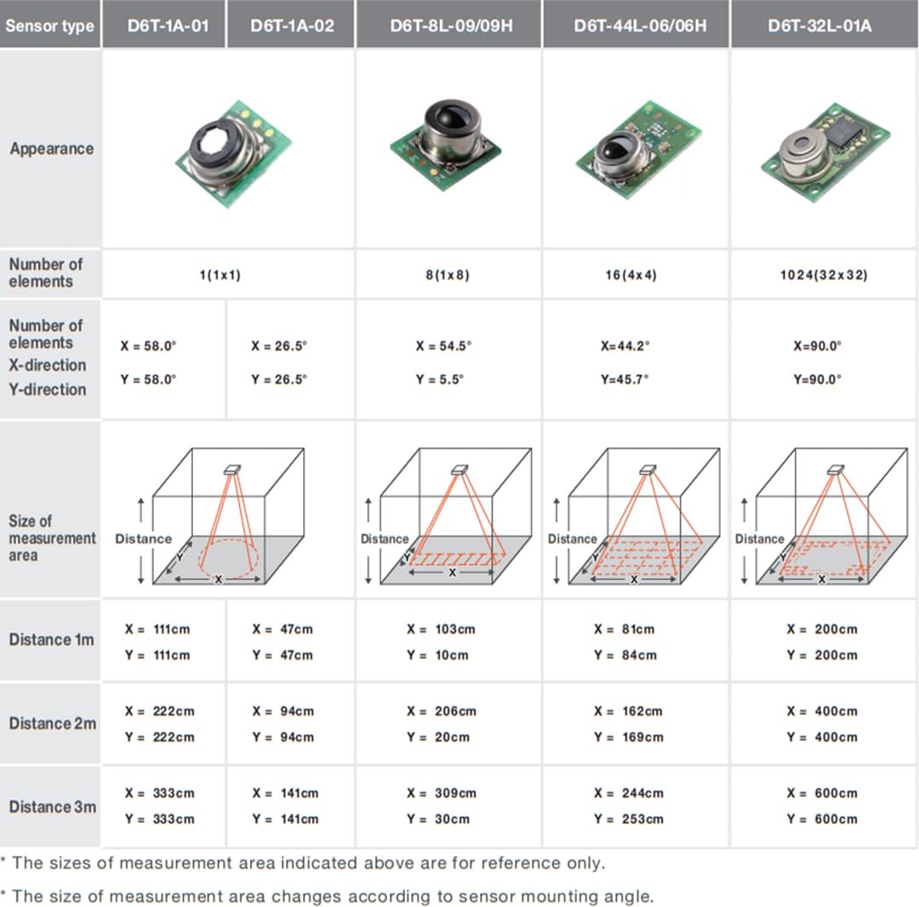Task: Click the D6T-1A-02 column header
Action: click(x=292, y=25)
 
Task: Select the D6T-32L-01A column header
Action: click(x=819, y=25)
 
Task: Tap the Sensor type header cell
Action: click(x=49, y=26)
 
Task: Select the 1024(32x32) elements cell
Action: click(x=824, y=276)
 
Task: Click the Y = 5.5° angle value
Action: click(x=440, y=379)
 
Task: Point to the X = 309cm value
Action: click(x=442, y=793)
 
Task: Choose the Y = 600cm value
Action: click(x=822, y=818)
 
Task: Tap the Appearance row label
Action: click(x=52, y=149)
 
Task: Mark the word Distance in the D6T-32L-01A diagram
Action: click(x=759, y=539)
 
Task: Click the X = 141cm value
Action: click(x=285, y=793)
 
